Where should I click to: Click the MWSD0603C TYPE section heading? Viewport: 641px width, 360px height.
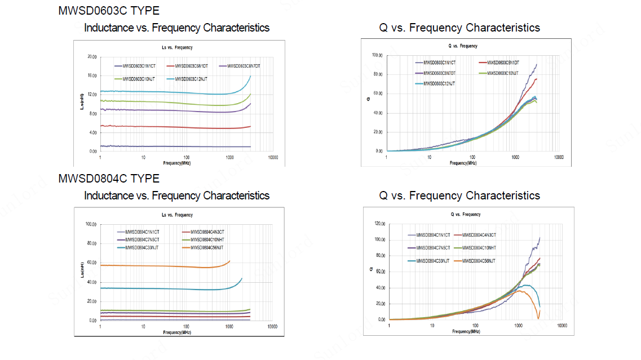coord(109,10)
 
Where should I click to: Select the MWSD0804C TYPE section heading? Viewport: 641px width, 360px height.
coord(109,179)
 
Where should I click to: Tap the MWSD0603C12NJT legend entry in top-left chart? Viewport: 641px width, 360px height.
coord(191,79)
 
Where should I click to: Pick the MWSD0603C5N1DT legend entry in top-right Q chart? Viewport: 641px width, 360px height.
coord(503,63)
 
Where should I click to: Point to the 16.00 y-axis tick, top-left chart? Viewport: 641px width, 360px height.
coord(91,75)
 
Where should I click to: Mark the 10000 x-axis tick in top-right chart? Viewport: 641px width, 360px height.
coord(559,157)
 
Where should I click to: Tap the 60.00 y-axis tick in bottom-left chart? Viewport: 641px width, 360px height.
coord(91,263)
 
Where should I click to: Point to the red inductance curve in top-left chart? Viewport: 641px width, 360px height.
coord(169,127)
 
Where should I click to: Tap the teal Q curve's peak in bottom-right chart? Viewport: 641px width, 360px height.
coord(525,285)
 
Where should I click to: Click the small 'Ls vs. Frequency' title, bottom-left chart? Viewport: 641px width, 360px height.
coord(177,215)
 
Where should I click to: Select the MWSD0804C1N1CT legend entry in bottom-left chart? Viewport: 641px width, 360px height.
coord(142,232)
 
